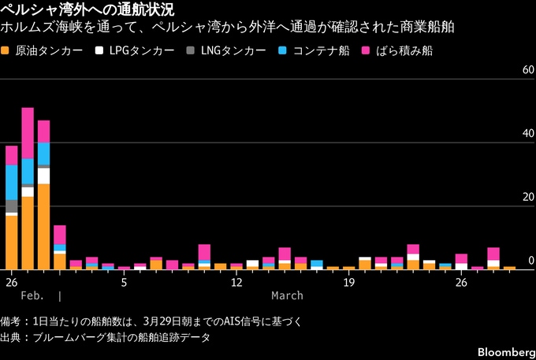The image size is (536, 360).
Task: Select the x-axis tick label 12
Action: point(236,281)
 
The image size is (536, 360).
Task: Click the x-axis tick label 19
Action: point(349,281)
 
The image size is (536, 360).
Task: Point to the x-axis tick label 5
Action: point(124,281)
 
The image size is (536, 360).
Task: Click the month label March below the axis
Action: point(287,295)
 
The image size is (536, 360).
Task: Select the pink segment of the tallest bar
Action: point(28,133)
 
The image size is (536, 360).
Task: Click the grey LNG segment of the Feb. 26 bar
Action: point(11,206)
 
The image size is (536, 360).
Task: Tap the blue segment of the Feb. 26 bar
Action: point(11,182)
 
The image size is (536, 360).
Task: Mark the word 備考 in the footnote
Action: point(13,321)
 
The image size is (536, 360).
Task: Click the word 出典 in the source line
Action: point(13,336)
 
